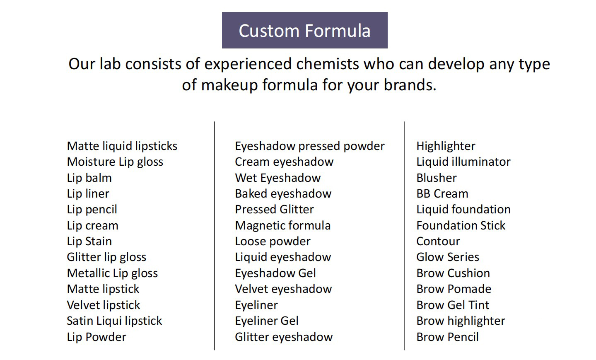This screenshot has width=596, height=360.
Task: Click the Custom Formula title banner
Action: coord(305,30)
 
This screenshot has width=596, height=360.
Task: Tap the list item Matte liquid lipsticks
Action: coord(122,146)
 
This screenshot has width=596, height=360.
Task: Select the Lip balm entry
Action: coord(89,178)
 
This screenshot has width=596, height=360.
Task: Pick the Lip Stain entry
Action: coord(89,242)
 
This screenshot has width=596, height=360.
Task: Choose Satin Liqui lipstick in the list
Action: coord(114,321)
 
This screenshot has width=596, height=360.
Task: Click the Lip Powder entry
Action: coord(97,337)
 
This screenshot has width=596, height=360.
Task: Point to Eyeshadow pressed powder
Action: coord(310,146)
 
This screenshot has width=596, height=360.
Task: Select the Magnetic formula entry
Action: coord(283,225)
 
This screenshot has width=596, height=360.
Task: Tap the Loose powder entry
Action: coord(273,242)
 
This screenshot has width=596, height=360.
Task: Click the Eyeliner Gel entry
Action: coord(267,321)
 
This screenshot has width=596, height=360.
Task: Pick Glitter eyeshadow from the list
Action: coord(284,337)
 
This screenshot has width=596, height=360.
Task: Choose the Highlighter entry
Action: coord(446,146)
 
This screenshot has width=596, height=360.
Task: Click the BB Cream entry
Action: coord(442,194)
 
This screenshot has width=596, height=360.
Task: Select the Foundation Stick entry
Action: coord(461,225)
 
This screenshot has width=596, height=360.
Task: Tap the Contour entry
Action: coord(438,242)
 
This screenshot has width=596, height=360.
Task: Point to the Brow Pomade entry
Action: coord(454,289)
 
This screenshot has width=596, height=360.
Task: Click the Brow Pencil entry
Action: coord(448,337)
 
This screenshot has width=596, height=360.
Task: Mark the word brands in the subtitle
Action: coord(410,85)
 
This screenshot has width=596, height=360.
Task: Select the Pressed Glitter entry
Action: coord(274,209)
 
